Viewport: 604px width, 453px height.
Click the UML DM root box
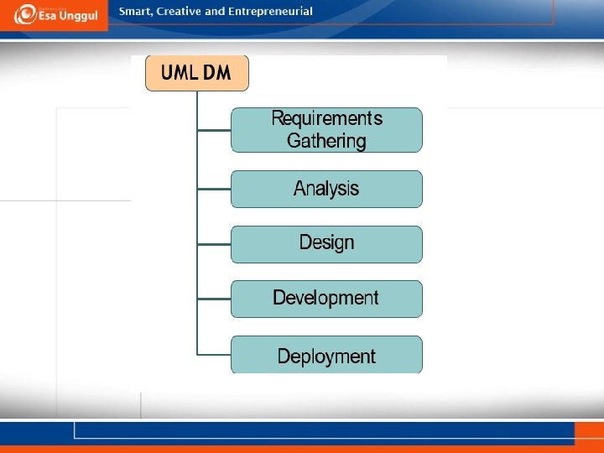(x=197, y=73)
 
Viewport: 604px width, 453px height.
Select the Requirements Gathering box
(x=326, y=129)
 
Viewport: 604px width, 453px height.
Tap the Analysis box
(x=326, y=189)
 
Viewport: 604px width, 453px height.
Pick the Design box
(x=326, y=243)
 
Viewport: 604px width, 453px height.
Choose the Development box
(x=326, y=299)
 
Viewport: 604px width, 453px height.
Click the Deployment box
(x=326, y=356)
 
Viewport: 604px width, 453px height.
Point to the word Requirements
(x=326, y=118)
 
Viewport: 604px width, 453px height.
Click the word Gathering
(x=326, y=141)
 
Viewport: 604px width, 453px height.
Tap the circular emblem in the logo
(x=26, y=14)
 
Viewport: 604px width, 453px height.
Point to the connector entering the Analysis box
(x=214, y=189)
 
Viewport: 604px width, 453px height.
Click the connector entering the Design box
(x=214, y=244)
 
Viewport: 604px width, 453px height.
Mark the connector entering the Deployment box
(x=214, y=355)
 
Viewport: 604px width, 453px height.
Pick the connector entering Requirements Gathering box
(x=214, y=130)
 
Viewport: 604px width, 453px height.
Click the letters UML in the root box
(x=179, y=73)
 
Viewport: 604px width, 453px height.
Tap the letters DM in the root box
(x=217, y=73)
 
